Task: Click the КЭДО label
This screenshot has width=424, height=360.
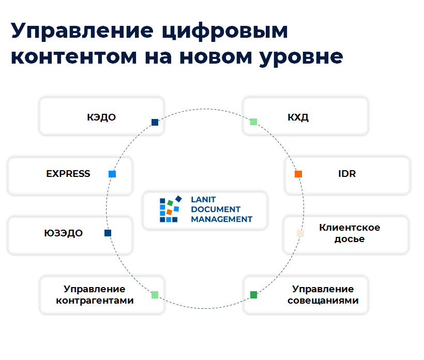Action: click(x=101, y=117)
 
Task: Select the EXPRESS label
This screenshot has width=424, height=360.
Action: click(x=68, y=174)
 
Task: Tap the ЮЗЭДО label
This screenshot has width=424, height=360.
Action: click(x=63, y=233)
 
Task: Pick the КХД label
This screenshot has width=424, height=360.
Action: click(x=298, y=117)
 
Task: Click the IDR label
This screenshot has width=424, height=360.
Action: click(x=347, y=174)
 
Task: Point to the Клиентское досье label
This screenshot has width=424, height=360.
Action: click(x=350, y=233)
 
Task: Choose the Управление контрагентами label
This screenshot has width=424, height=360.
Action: click(x=95, y=294)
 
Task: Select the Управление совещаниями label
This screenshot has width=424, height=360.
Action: click(x=323, y=294)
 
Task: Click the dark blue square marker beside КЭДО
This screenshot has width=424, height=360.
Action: click(x=155, y=122)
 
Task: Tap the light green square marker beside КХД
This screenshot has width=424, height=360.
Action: click(x=254, y=122)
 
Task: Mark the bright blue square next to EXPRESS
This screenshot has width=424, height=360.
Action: click(x=112, y=174)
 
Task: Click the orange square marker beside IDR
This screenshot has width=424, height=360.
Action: click(x=298, y=174)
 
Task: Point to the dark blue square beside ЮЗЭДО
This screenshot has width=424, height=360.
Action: click(x=108, y=233)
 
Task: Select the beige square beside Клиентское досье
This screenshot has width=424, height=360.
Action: click(x=300, y=233)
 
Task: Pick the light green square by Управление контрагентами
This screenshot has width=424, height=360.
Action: click(x=155, y=294)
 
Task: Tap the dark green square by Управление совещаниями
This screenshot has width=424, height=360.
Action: click(x=254, y=294)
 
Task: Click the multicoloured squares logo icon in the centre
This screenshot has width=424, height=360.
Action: click(x=171, y=209)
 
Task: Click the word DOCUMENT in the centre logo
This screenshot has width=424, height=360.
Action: click(x=216, y=209)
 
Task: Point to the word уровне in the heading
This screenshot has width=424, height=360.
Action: click(x=301, y=57)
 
